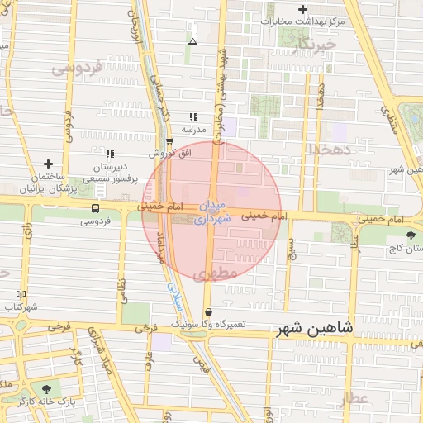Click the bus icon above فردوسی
(x=96, y=208)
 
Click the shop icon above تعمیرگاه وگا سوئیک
(x=208, y=313)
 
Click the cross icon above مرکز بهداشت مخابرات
(x=303, y=8)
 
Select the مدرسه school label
(x=193, y=130)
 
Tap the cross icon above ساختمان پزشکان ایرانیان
(x=48, y=164)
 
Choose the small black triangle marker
(x=192, y=40)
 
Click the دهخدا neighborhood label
(x=330, y=148)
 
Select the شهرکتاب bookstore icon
(x=21, y=294)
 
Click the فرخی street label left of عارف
(x=59, y=327)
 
